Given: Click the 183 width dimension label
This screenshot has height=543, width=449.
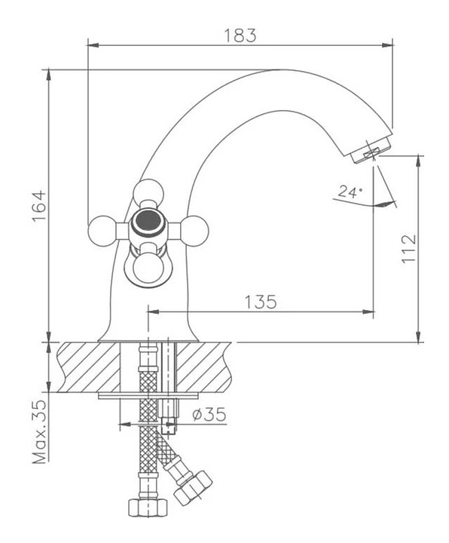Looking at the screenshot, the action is [x=240, y=35].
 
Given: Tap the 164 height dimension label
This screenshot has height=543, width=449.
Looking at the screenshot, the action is [x=39, y=205].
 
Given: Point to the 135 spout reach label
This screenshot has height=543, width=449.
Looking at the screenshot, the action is [x=261, y=302].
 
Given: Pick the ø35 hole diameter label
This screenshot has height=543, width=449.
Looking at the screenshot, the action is [x=209, y=414].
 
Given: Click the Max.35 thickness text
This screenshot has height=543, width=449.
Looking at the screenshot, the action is [x=39, y=432].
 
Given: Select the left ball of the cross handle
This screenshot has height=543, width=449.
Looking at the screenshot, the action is [x=102, y=231].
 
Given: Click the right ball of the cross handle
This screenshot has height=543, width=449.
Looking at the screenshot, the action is [x=195, y=231].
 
